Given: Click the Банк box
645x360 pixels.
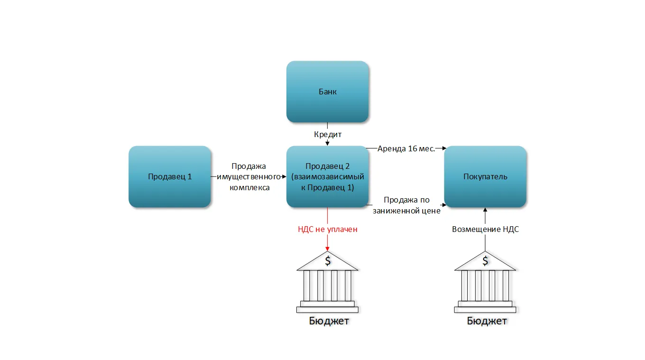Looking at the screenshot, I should click(328, 92).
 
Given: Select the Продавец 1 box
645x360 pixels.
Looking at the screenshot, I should click(170, 176).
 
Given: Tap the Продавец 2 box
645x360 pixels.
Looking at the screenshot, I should click(328, 176).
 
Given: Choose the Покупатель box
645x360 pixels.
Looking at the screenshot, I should click(485, 176).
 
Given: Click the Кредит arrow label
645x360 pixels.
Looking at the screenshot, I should click(328, 135).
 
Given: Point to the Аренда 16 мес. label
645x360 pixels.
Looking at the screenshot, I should click(406, 148).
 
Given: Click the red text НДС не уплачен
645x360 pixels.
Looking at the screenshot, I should click(328, 229).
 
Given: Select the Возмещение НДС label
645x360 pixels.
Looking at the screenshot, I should click(485, 229).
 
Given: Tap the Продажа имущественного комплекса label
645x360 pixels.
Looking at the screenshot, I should click(249, 177).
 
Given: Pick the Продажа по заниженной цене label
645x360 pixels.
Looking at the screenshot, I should click(406, 205).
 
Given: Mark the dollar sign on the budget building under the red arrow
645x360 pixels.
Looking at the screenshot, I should click(328, 260).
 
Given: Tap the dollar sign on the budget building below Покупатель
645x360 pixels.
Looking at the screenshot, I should click(485, 260).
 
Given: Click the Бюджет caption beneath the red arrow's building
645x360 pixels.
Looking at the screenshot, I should click(329, 321).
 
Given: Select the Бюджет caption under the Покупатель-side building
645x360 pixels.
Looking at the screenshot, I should click(487, 321).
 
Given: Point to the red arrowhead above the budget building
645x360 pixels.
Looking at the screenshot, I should click(328, 250).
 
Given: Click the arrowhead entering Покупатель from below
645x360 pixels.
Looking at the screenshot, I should click(485, 210).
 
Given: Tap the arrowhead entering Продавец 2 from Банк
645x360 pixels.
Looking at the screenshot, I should click(328, 143).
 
